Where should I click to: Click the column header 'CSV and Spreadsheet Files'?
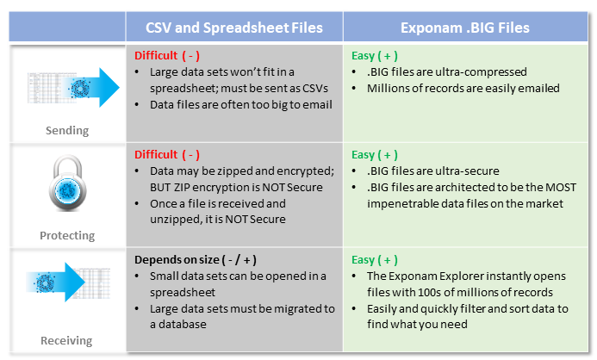(234, 28)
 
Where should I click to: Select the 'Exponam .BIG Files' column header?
(465, 28)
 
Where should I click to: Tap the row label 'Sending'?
(67, 131)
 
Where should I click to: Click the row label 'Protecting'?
(67, 236)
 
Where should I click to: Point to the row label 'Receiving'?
(66, 340)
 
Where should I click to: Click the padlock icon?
(68, 183)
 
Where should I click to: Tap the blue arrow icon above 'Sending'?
(91, 88)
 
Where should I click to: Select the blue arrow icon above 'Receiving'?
(56, 282)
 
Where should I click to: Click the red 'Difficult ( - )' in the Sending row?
(167, 56)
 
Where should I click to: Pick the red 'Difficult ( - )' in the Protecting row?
(167, 155)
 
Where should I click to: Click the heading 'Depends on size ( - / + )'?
(196, 260)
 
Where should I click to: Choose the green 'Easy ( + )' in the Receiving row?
(375, 260)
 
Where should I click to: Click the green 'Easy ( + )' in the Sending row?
(375, 56)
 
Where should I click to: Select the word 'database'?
(183, 324)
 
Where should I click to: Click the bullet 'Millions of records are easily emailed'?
(463, 89)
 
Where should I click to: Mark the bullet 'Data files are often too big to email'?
(241, 105)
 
